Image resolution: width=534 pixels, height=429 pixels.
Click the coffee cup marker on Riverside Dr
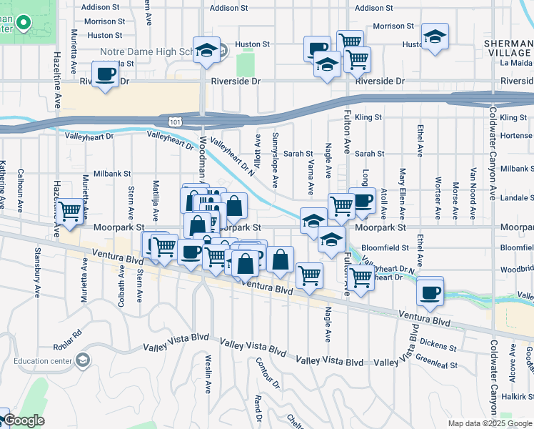pos(106,75)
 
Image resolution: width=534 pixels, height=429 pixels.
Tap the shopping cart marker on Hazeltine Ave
pos(70,212)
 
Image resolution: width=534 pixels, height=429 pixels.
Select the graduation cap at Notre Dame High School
pos(206,51)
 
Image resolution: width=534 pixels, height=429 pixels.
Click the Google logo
pos(24,420)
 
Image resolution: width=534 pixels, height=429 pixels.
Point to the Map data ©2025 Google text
pos(489,423)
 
